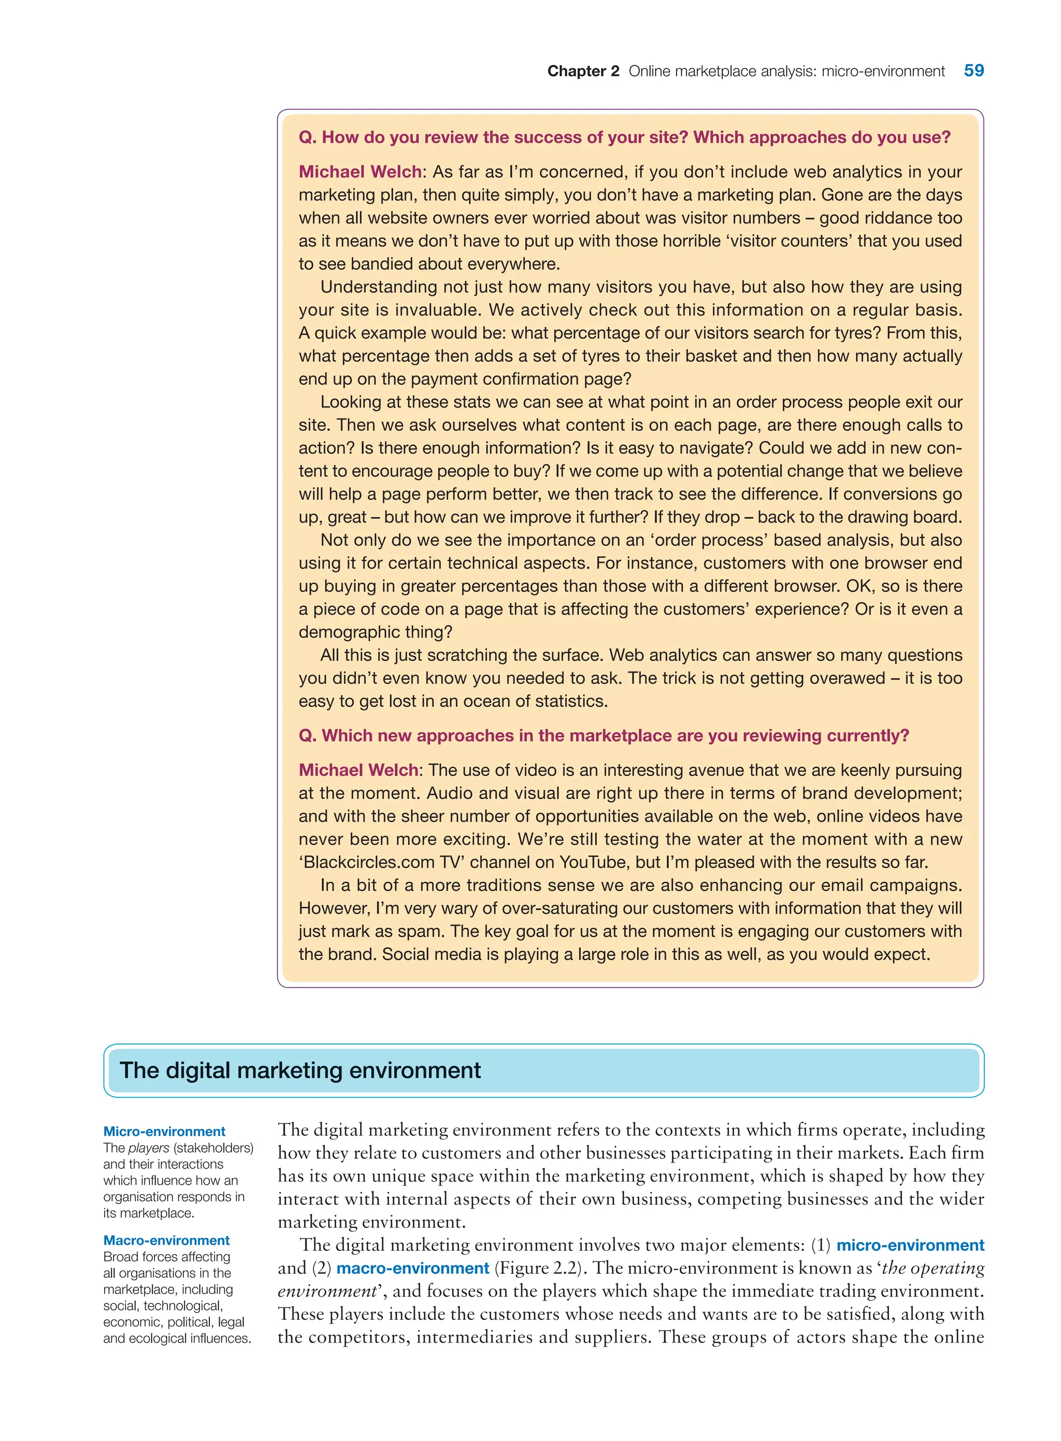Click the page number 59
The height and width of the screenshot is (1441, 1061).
[973, 70]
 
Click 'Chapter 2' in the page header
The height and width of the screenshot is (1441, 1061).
[582, 71]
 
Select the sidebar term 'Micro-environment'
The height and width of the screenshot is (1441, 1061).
[164, 1131]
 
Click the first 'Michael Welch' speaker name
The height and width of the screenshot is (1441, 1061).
[360, 172]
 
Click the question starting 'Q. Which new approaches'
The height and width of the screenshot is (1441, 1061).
[604, 736]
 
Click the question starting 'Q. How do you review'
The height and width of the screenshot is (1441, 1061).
[624, 137]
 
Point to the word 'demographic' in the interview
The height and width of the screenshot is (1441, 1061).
[349, 632]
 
